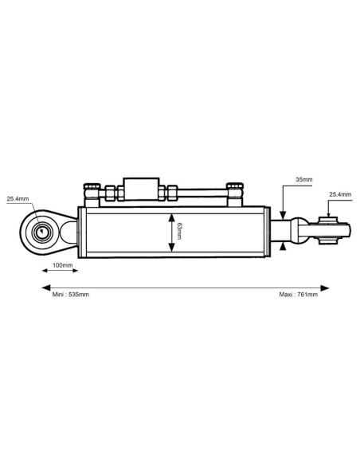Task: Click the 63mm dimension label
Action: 178,232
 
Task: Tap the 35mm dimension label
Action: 304,179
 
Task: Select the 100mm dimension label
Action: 63,265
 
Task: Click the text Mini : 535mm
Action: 71,295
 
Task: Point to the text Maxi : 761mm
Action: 299,295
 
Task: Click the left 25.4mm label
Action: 18,199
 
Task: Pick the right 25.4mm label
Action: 340,194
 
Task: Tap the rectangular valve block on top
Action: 141,189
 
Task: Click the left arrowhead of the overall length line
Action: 45,287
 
